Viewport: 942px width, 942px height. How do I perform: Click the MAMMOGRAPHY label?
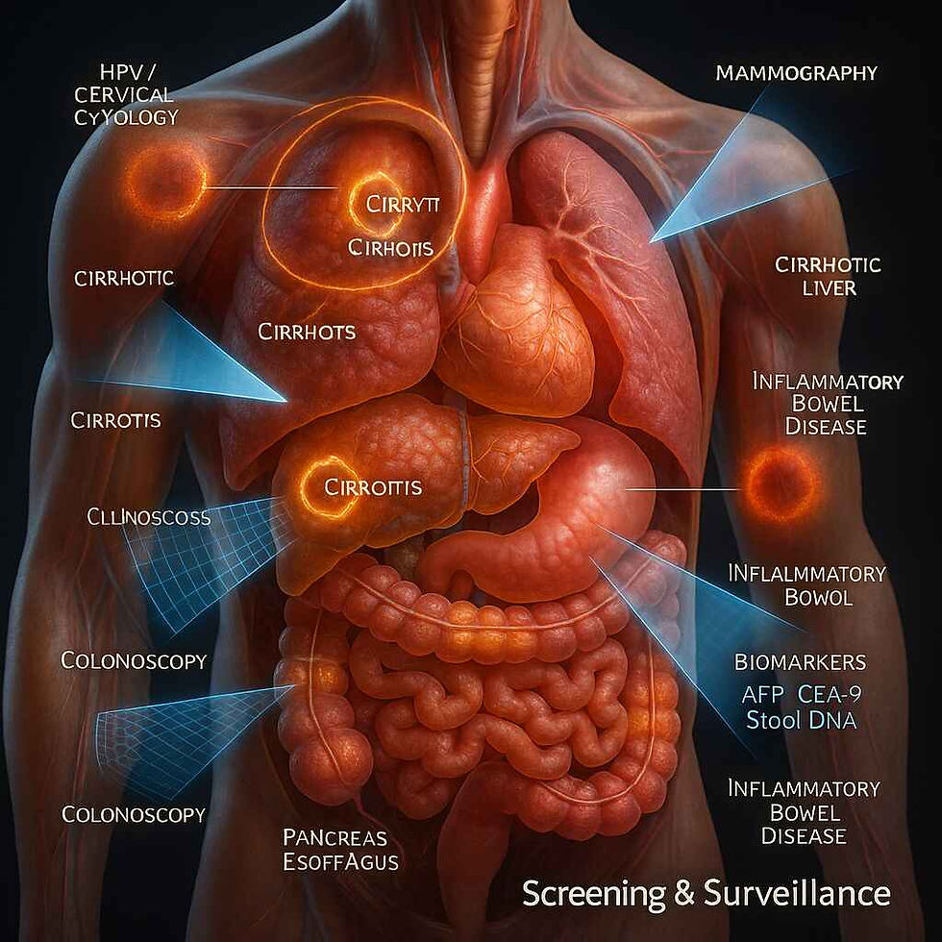(797, 73)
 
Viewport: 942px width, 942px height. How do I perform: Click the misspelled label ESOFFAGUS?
(341, 861)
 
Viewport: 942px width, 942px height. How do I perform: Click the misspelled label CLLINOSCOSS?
(148, 517)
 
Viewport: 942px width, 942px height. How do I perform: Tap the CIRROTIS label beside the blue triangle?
(115, 420)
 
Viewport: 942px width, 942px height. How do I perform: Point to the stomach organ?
(567, 519)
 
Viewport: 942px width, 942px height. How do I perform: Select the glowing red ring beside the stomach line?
(782, 484)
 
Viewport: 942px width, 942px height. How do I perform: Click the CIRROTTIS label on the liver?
(373, 487)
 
